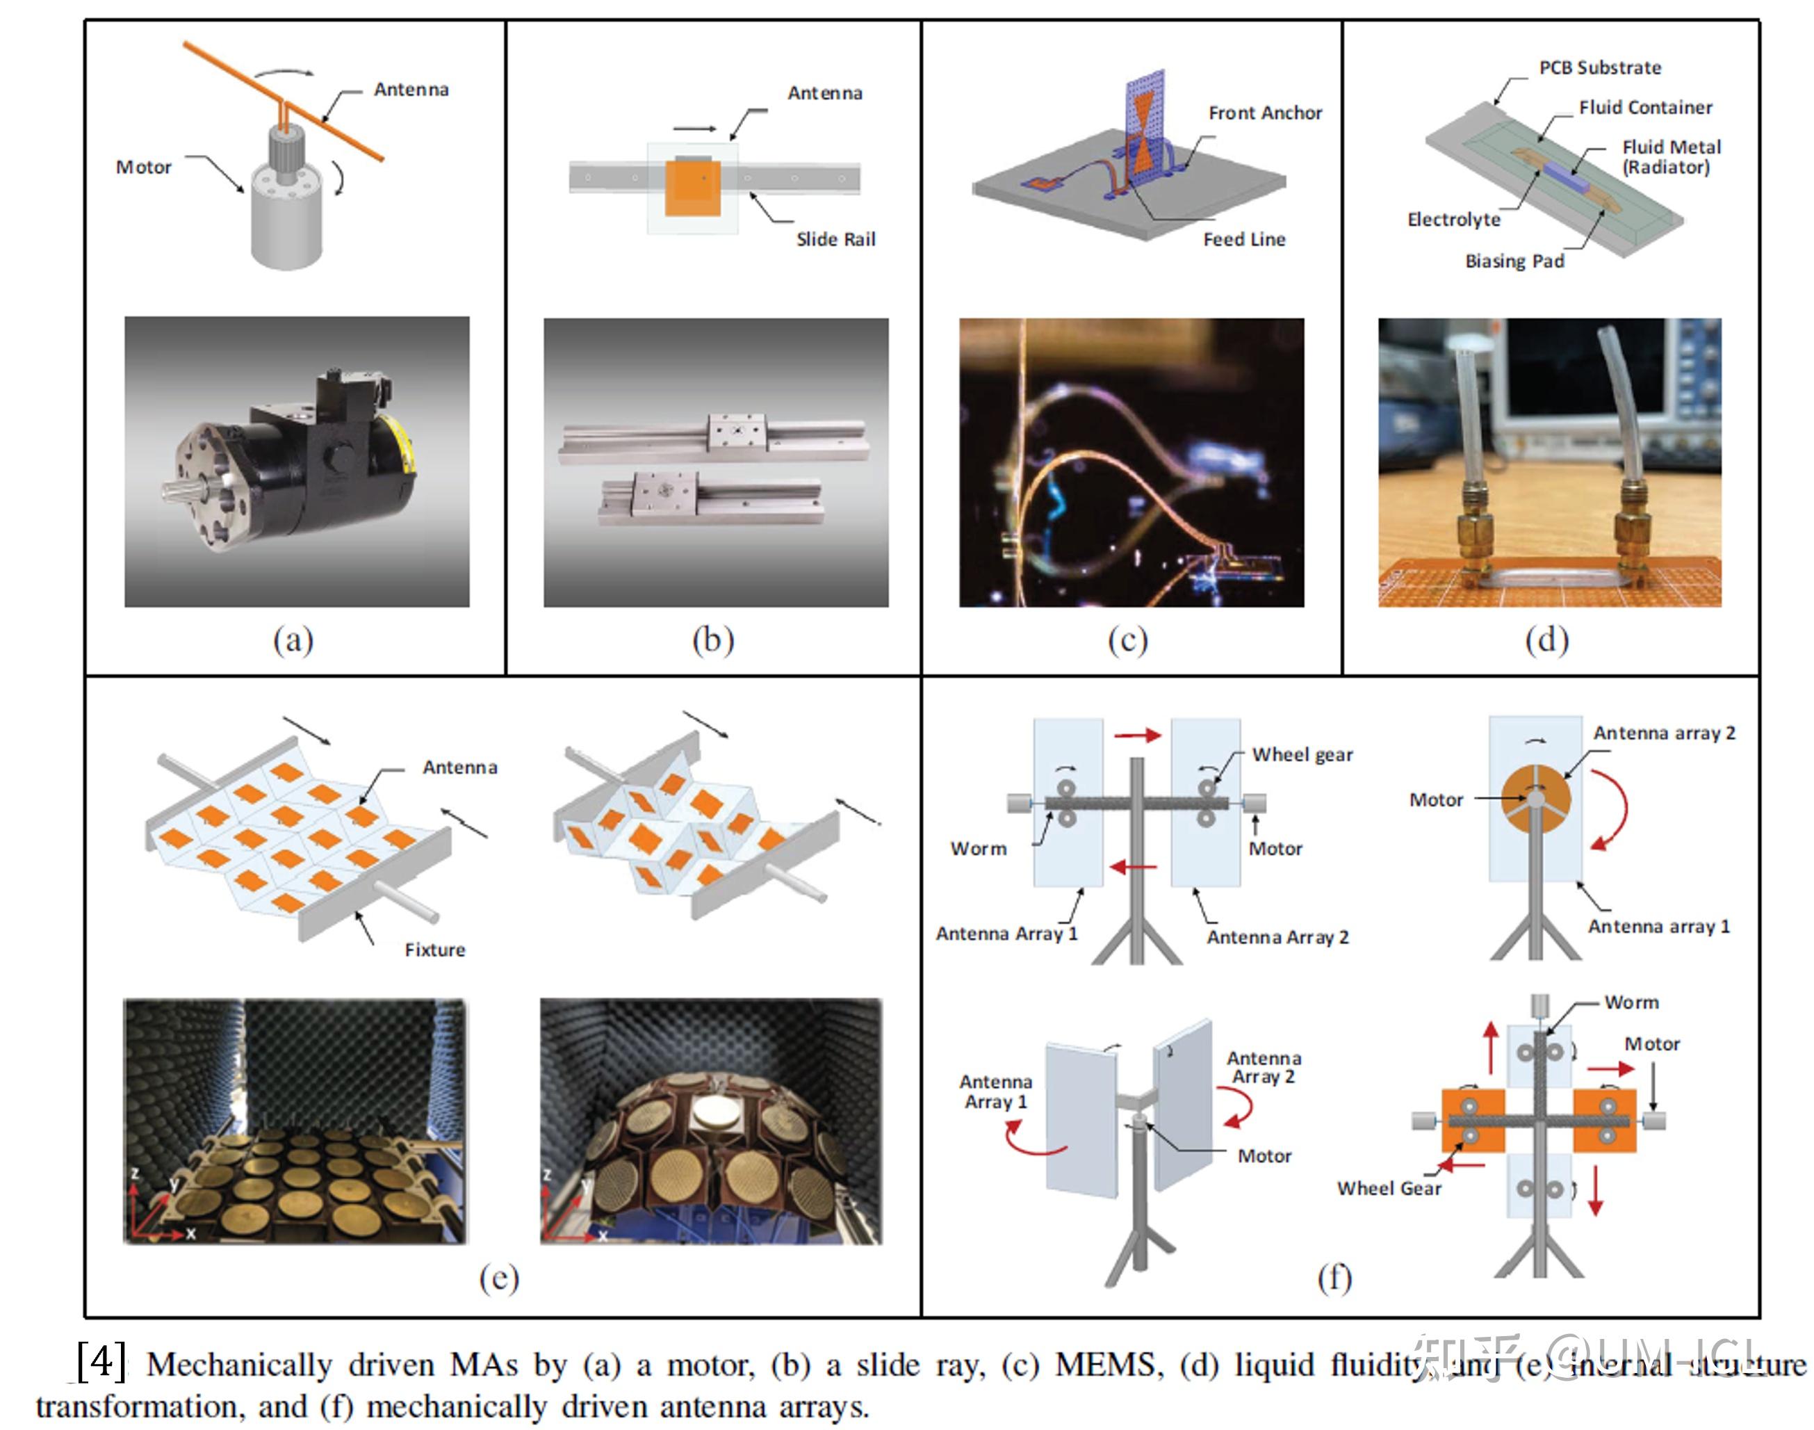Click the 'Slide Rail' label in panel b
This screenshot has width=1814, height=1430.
click(835, 239)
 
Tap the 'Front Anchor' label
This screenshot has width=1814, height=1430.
click(1264, 113)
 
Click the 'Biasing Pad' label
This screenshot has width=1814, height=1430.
click(1514, 261)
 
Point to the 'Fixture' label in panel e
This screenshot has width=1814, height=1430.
click(434, 950)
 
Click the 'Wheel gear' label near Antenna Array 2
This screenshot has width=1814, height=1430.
click(1302, 754)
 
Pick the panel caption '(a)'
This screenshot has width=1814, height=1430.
click(293, 640)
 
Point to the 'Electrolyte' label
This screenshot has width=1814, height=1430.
click(1453, 220)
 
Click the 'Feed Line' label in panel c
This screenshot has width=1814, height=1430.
click(1243, 239)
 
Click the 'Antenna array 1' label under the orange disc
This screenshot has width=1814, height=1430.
click(1658, 927)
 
